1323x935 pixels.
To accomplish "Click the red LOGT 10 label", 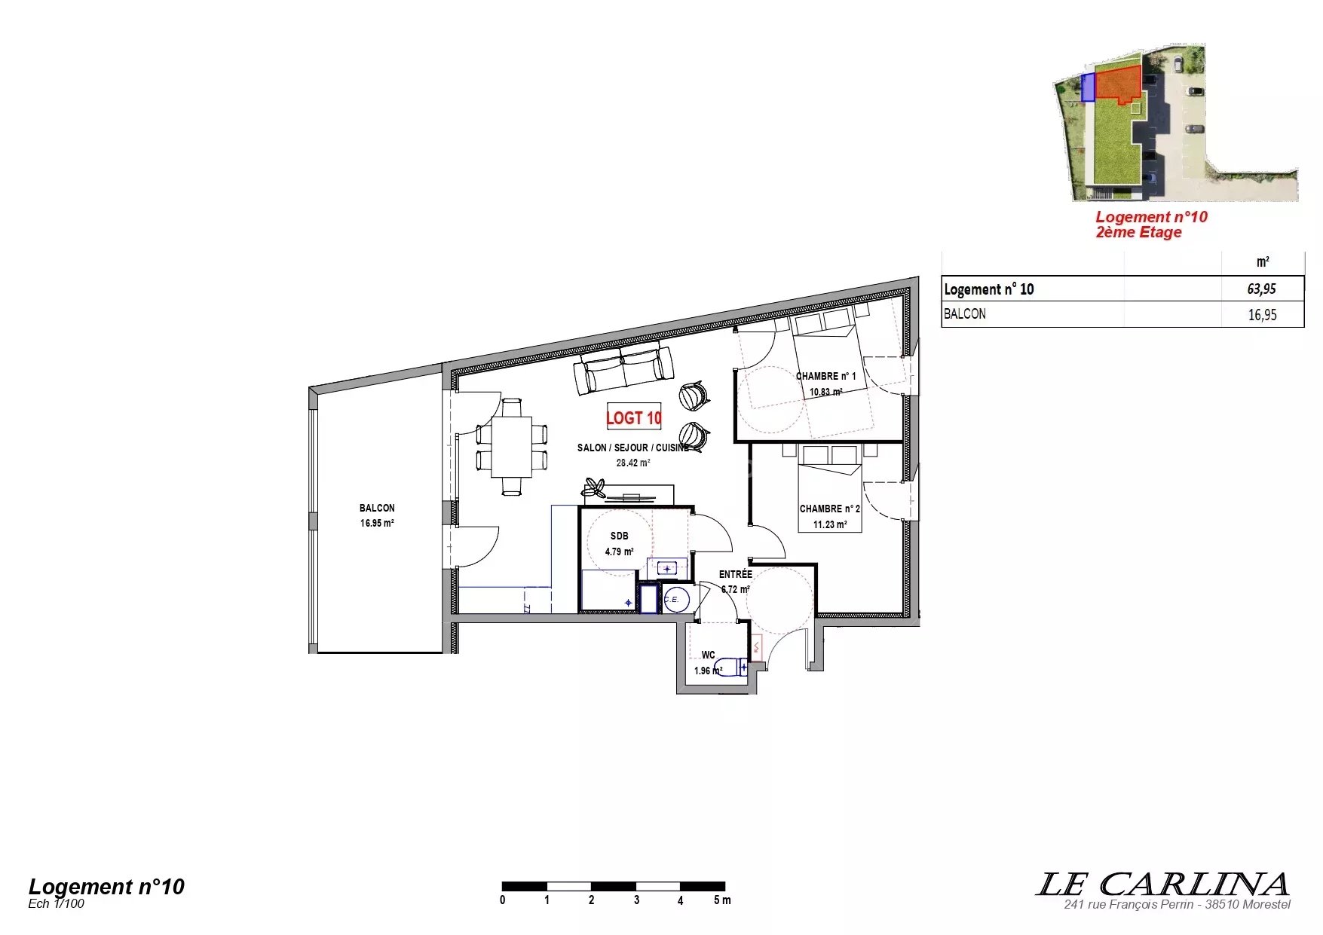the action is tap(634, 417).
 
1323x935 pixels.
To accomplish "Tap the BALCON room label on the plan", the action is tap(377, 508).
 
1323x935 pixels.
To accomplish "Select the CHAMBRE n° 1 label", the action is tap(826, 376).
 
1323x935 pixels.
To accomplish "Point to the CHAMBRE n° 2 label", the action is tap(829, 509).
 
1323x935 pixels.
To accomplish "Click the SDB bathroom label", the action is tap(619, 536).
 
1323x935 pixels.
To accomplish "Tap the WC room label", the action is tap(708, 655).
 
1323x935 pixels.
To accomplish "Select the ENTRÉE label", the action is tap(735, 574).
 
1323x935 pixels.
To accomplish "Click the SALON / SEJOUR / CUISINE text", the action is tap(633, 448).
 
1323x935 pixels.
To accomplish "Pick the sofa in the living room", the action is tap(623, 367).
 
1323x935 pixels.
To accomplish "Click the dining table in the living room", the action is tap(512, 446).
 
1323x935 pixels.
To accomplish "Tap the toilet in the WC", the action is tap(731, 667).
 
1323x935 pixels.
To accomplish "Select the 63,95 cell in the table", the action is tap(1261, 289).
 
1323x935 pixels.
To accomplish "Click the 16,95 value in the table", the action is tap(1262, 315).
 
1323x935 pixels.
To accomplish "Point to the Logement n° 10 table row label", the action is tap(988, 289).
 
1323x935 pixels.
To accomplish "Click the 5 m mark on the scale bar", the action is tap(722, 900).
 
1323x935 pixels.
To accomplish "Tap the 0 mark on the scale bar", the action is tap(503, 900).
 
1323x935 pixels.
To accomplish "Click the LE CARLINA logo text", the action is tap(1162, 884).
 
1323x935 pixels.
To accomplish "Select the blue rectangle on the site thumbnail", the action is tap(1088, 87).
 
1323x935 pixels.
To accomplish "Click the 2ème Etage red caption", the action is tap(1138, 232).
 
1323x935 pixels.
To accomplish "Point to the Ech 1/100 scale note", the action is tap(56, 903).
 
